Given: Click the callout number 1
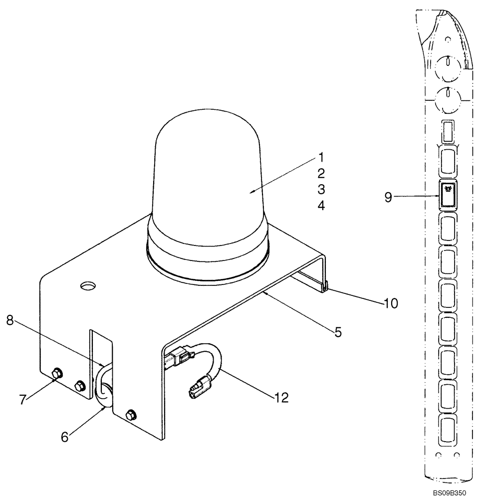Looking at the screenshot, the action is pos(321,158).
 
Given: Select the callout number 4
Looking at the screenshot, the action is pos(321,205).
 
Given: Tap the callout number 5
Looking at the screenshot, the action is pos(338,332).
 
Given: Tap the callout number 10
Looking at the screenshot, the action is pos(391,303).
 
